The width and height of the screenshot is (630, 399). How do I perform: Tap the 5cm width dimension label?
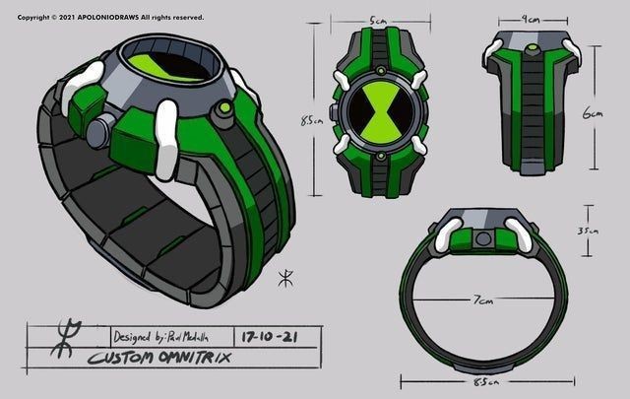378,21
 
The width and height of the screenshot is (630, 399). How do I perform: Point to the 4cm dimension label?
532,19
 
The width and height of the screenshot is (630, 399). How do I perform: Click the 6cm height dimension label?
593,113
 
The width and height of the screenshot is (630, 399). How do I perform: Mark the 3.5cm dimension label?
589,230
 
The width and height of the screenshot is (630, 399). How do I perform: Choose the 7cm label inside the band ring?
481,299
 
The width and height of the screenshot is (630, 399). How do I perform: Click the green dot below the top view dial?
379,156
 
